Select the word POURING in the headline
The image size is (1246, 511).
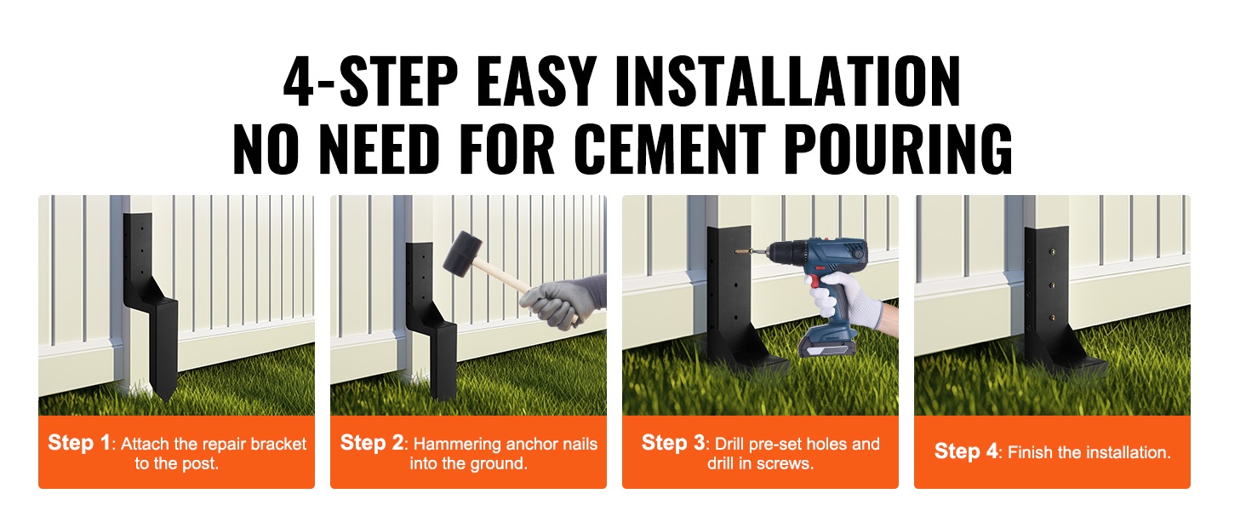[x=900, y=149]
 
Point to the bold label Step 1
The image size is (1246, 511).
[x=79, y=443]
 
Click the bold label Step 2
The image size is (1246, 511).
[x=372, y=443]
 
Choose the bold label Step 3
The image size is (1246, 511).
[x=673, y=443]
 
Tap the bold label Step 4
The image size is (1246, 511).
[x=966, y=451]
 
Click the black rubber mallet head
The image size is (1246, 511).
[x=463, y=254]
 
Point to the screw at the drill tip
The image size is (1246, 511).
[x=746, y=252]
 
